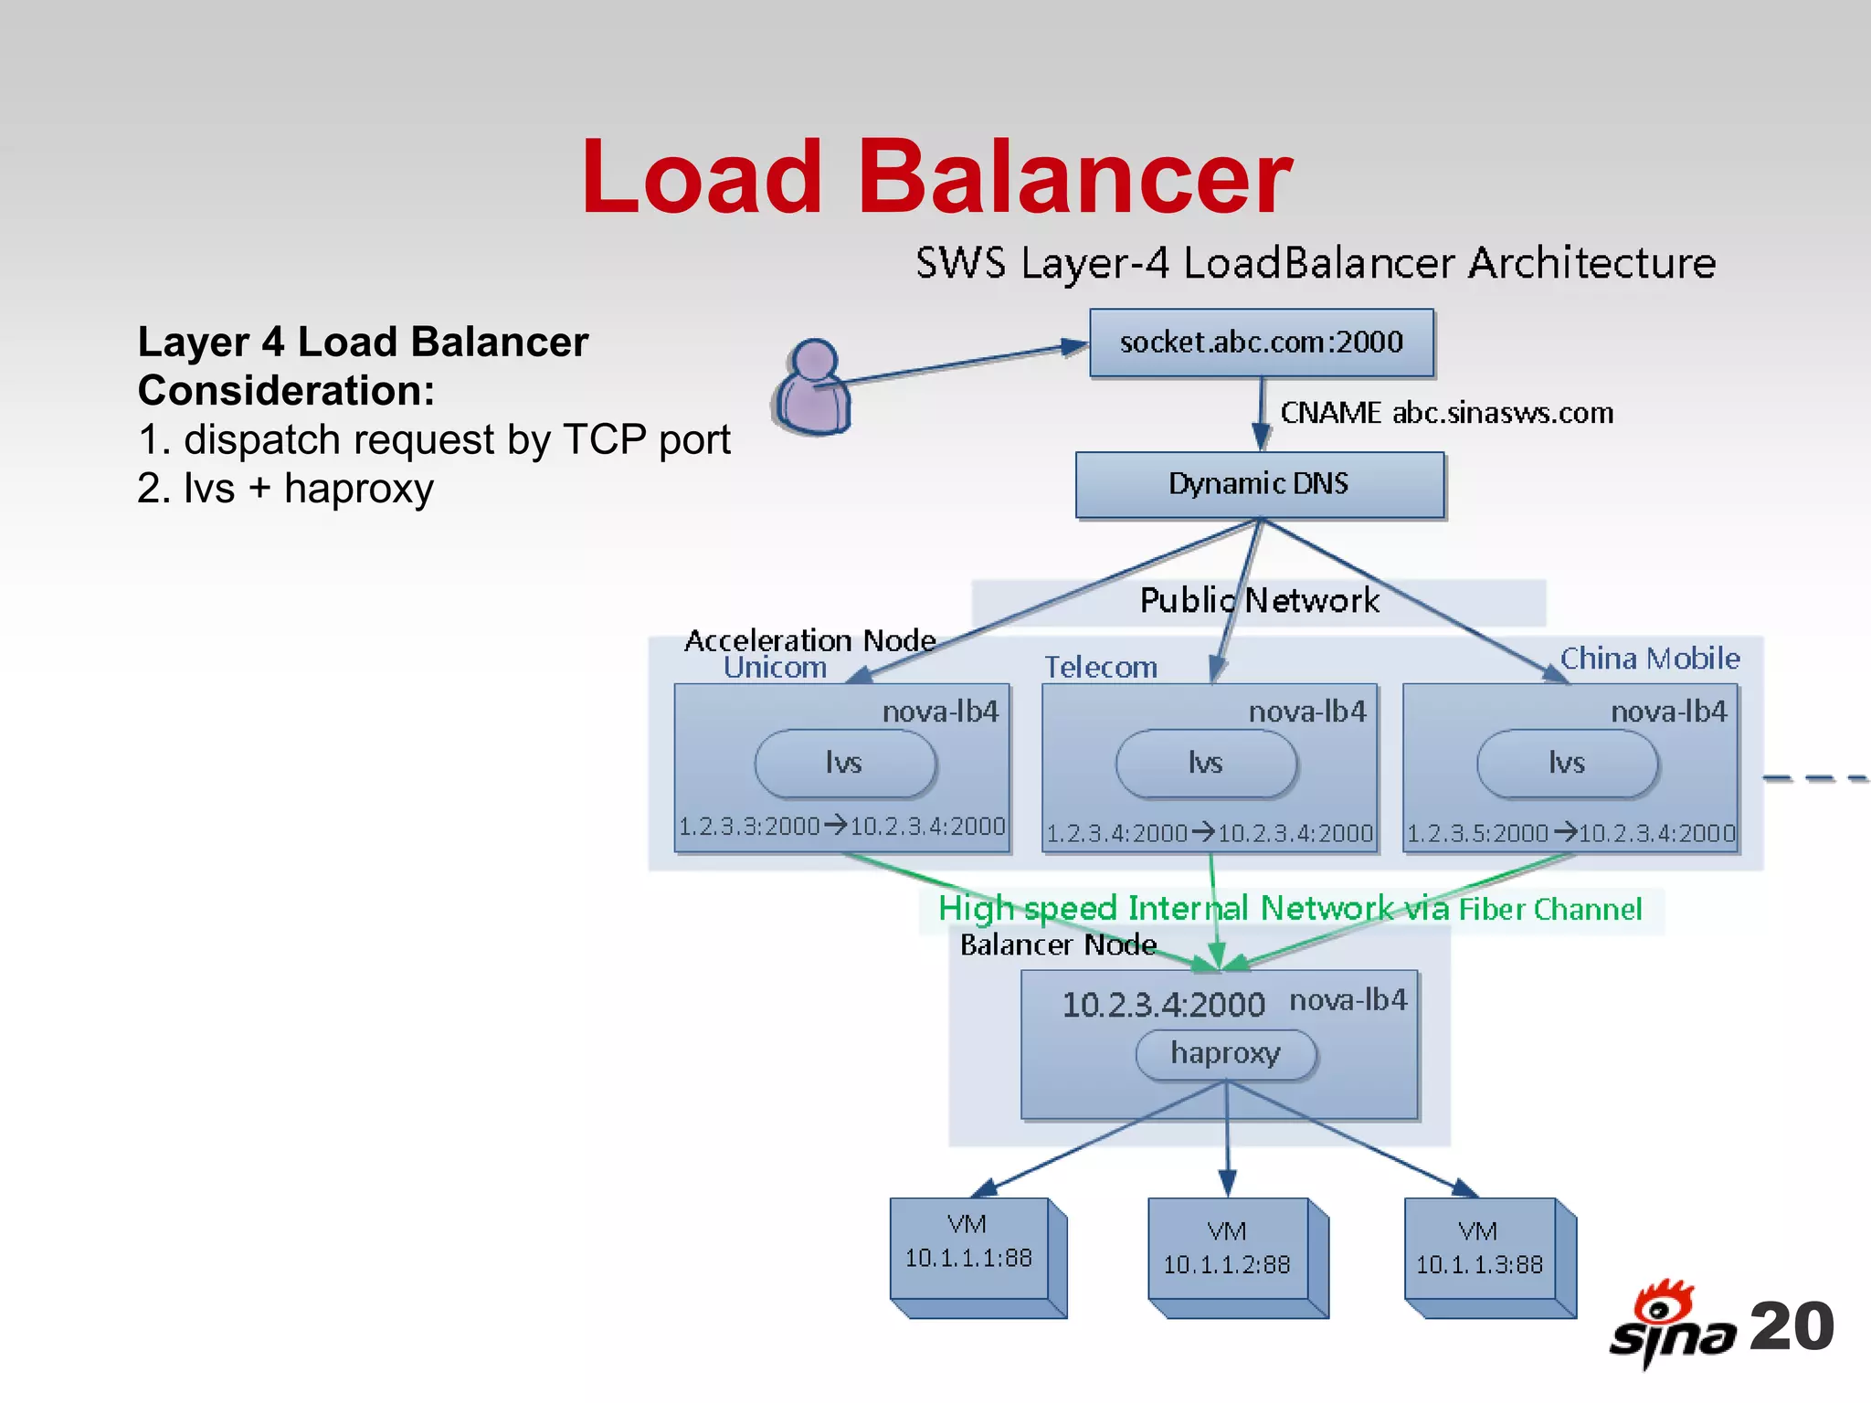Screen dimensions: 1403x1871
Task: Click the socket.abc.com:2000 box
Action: pos(1261,343)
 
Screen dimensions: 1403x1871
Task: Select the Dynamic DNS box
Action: pos(1259,484)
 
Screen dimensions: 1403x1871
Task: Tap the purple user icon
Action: pos(812,388)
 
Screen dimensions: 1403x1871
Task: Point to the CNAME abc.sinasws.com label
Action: pos(1446,413)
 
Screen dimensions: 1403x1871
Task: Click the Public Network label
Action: pos(1259,601)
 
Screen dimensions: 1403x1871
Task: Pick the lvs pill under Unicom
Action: pos(844,763)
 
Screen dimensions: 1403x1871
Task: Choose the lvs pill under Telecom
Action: pos(1205,763)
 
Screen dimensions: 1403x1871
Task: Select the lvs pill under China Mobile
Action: pos(1566,763)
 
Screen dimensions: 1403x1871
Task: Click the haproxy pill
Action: pos(1225,1054)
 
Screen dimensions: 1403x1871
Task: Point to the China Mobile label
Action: pos(1649,659)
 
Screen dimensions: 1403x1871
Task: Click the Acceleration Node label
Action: pos(809,640)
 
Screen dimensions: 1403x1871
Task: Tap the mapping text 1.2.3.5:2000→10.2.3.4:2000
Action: pos(1570,833)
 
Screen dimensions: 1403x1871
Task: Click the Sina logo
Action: pos(1671,1324)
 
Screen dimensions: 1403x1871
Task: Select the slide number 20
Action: pos(1792,1326)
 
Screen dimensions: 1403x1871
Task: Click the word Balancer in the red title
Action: pos(1074,177)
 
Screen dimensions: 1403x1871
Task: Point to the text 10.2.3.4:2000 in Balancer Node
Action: pos(1163,1005)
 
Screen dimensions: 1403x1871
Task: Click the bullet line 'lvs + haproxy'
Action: pos(285,489)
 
